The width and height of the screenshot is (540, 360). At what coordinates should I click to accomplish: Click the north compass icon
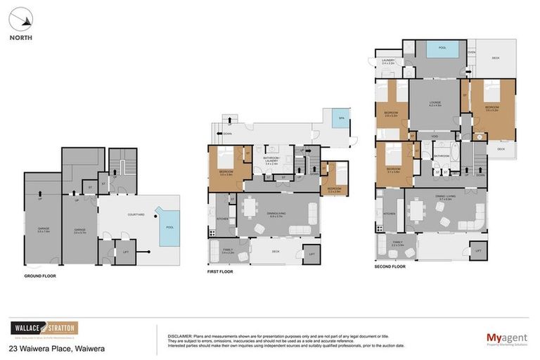click(x=20, y=18)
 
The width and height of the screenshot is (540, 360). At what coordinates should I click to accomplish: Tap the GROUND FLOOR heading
click(x=40, y=276)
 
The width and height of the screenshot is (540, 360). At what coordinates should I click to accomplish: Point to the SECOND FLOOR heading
click(x=390, y=266)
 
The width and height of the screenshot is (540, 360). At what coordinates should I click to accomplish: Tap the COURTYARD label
click(x=136, y=214)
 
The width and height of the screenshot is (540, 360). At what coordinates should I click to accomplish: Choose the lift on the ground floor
click(x=125, y=251)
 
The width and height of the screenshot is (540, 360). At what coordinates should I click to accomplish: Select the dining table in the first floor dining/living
click(x=266, y=209)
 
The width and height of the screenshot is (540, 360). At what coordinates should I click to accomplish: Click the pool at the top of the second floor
click(x=442, y=50)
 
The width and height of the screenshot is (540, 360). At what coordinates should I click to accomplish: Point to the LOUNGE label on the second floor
click(x=435, y=103)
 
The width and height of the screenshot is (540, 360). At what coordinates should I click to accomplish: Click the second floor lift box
click(x=477, y=250)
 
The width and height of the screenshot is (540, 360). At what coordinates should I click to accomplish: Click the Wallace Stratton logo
click(x=44, y=328)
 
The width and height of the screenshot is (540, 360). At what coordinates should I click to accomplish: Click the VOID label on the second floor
click(x=435, y=136)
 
